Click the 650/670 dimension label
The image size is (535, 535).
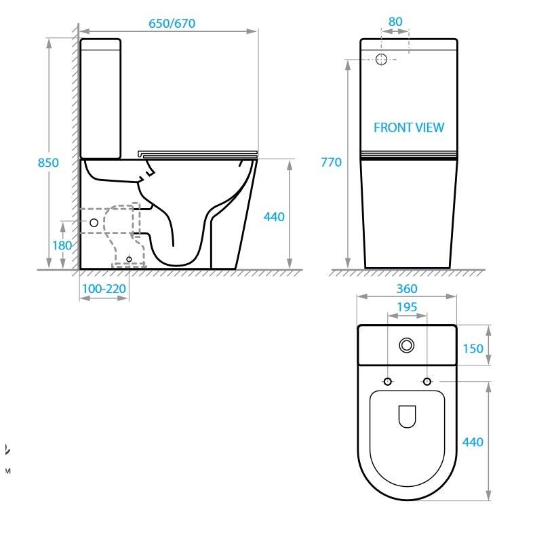[172, 24]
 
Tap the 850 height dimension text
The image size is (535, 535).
[48, 163]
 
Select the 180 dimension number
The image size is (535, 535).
[62, 245]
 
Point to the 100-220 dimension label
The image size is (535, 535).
[104, 289]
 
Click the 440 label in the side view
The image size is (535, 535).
[274, 217]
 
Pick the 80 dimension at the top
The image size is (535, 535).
[395, 22]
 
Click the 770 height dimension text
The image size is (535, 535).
[331, 162]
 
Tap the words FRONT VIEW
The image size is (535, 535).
[409, 127]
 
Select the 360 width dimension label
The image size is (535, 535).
[407, 289]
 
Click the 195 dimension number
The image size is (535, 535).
[407, 307]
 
